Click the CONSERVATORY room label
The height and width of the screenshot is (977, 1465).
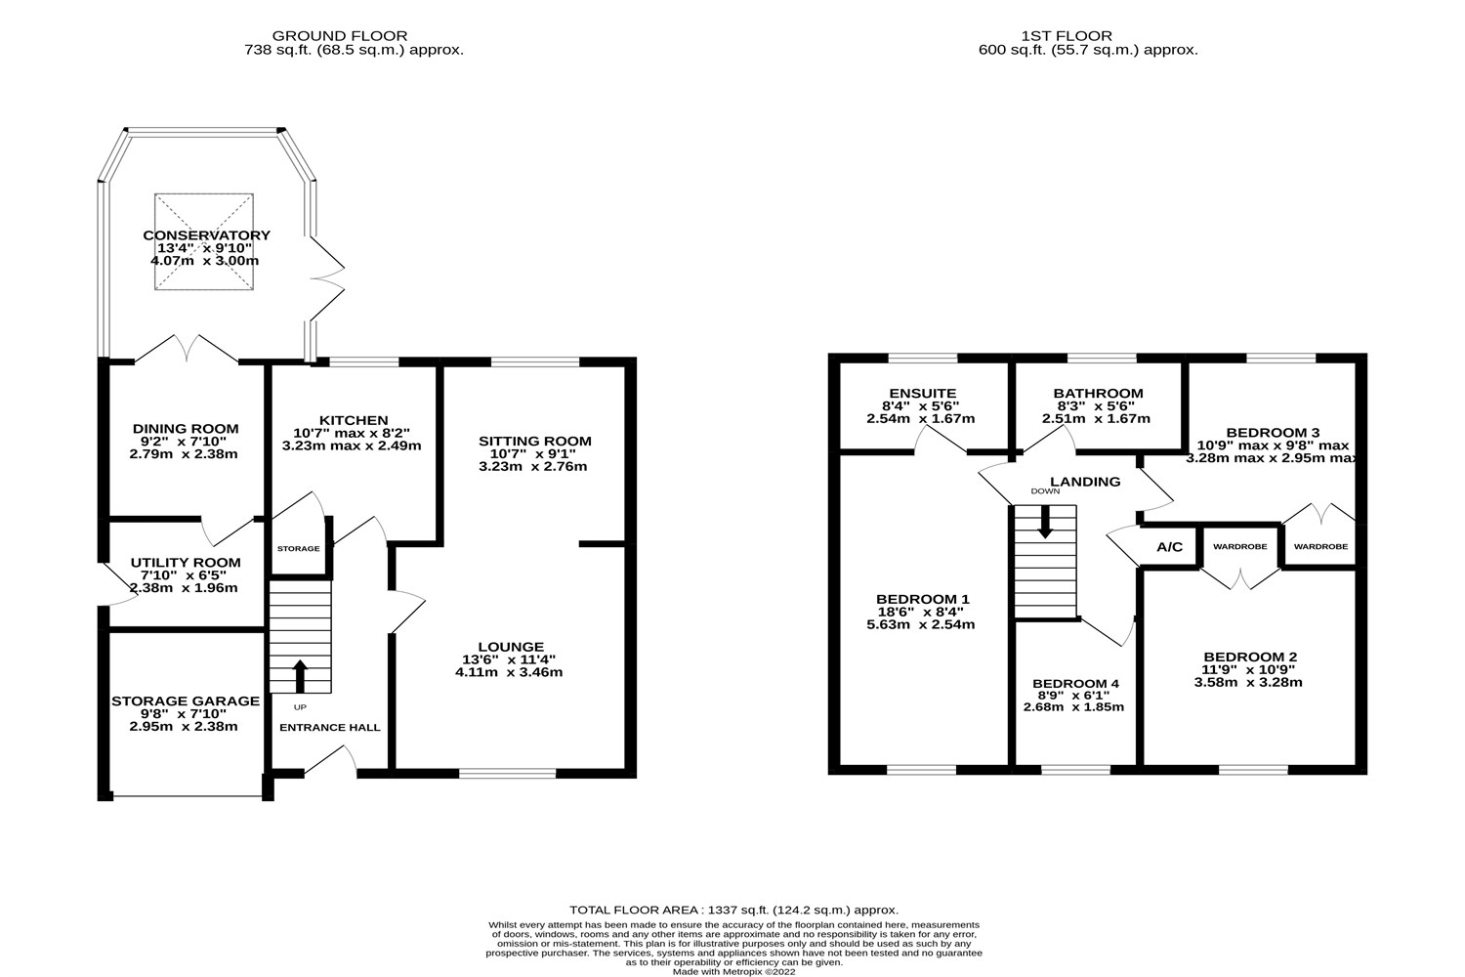[206, 235]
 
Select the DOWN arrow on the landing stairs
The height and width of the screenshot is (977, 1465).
[1045, 523]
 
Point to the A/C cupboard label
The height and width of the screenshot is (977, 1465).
[1169, 547]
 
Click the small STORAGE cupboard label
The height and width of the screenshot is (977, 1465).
[298, 549]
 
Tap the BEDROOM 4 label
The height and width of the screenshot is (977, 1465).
[1075, 683]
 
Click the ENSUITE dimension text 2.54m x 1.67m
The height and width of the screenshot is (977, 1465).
[920, 418]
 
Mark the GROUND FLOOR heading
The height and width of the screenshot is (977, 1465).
[354, 36]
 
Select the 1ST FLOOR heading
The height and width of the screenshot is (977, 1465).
[1088, 36]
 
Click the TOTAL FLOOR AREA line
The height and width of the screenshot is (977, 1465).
[733, 910]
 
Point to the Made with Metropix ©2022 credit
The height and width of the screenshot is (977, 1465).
[733, 971]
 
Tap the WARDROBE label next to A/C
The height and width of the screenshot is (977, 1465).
[1239, 547]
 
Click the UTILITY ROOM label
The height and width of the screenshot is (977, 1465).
[186, 562]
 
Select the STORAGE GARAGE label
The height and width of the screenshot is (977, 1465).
[186, 701]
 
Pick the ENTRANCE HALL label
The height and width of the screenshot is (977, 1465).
[330, 727]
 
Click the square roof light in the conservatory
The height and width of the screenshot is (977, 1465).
[204, 241]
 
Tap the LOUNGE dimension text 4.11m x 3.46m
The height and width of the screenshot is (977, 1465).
[510, 672]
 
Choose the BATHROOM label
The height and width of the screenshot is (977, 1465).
[1098, 393]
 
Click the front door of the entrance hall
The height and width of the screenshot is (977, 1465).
[332, 762]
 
